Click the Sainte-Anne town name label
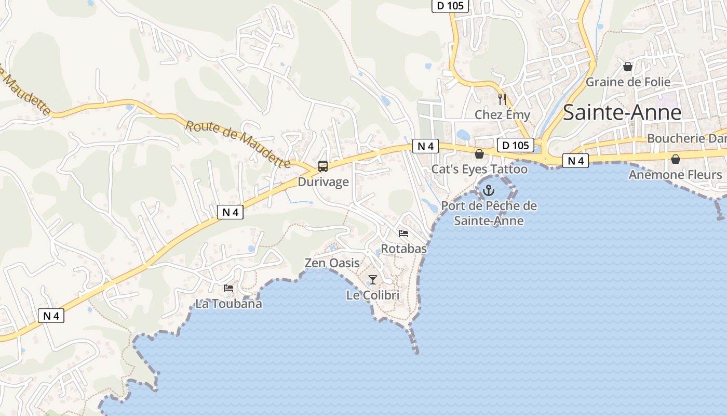622,112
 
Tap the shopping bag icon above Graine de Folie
628,67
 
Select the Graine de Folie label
628,82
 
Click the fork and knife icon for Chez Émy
502,99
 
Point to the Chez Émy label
502,114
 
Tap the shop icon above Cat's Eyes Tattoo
479,154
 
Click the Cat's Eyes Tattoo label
479,169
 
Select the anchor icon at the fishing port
488,191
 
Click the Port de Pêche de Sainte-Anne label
489,213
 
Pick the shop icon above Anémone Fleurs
676,159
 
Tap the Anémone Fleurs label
675,175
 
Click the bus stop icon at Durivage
322,166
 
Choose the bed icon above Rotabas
403,233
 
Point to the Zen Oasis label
332,263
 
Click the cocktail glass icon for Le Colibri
372,280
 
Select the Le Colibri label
373,295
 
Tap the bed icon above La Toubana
228,288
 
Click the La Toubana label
228,304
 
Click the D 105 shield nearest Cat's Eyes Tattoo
515,145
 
